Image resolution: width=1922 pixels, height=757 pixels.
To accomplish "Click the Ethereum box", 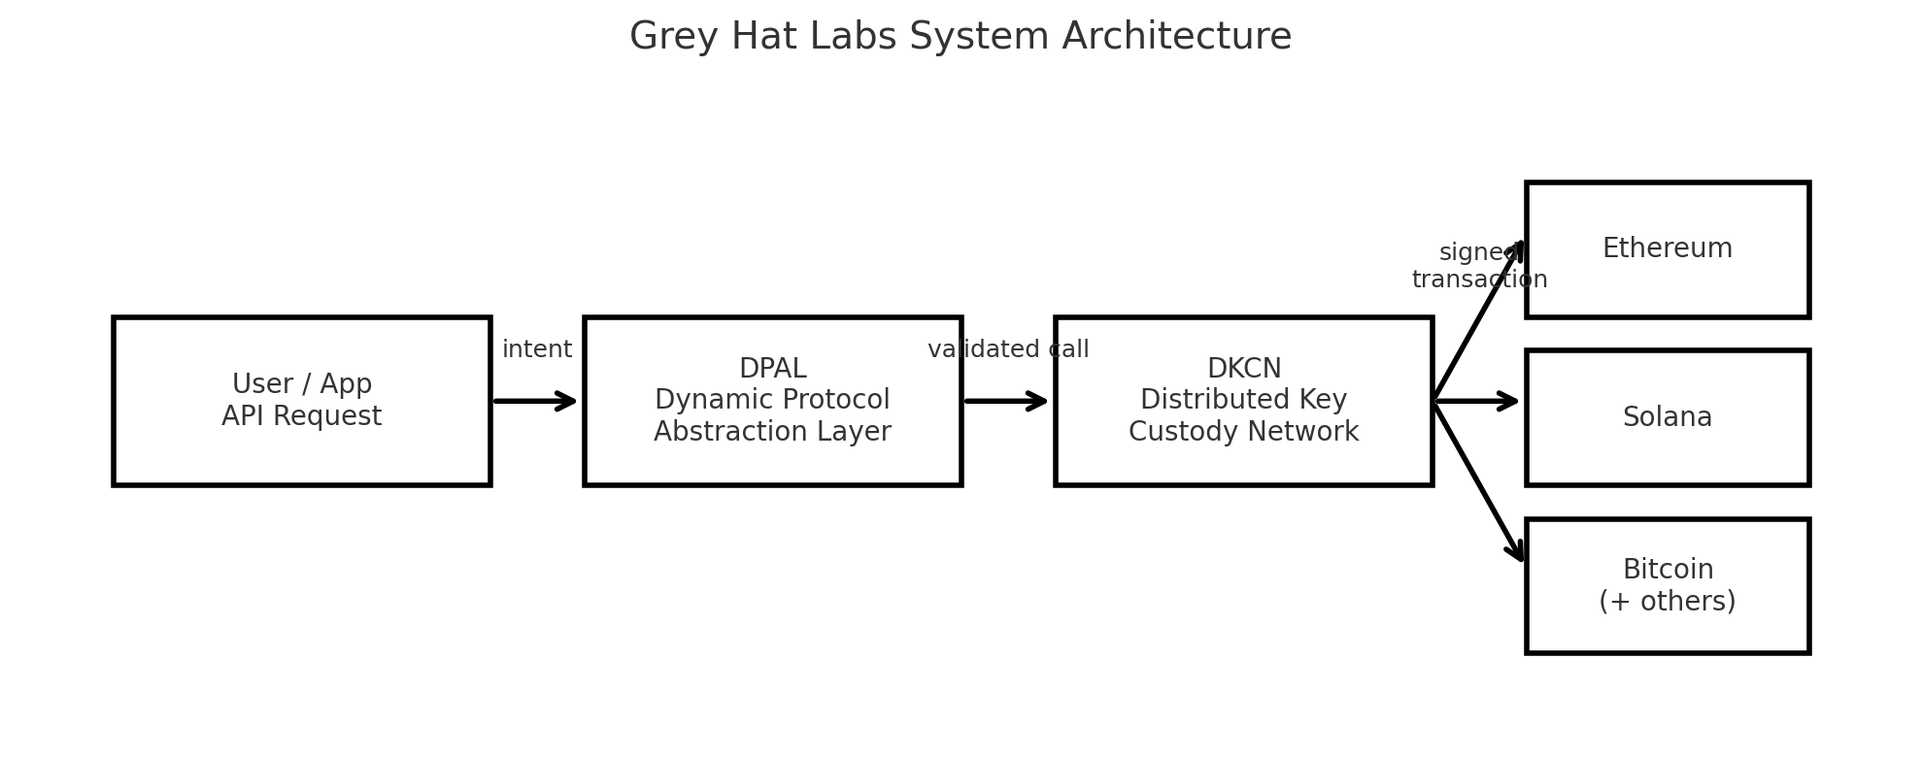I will (x=1667, y=249).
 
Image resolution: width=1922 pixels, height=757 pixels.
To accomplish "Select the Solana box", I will (x=1667, y=417).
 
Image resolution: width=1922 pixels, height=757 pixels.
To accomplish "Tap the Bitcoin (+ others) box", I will (x=1667, y=585).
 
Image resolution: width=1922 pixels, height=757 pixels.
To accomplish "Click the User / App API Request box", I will (x=301, y=401).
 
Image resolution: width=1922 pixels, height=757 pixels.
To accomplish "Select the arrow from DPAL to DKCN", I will (x=1006, y=401).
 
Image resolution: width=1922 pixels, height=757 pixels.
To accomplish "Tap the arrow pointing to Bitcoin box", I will (x=1478, y=481).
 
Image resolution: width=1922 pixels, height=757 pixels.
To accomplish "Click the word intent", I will (x=536, y=349).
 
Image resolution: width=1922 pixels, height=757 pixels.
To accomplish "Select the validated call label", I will (x=1008, y=349).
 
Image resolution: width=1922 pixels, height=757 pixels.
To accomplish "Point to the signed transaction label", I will (x=1478, y=266).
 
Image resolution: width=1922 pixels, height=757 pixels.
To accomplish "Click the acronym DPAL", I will (x=772, y=369).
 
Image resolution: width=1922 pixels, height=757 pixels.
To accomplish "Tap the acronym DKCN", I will (x=1243, y=369).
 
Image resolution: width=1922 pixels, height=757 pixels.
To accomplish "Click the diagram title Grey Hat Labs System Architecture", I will (x=960, y=37).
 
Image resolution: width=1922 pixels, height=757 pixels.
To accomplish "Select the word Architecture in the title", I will (x=1176, y=37).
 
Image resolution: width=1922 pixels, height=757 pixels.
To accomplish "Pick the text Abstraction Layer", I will (x=772, y=432).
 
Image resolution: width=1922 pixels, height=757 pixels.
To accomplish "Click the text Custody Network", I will (x=1243, y=432).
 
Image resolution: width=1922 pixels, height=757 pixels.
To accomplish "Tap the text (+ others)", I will (x=1667, y=602).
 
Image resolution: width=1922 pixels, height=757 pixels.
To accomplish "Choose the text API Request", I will (x=301, y=416).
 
